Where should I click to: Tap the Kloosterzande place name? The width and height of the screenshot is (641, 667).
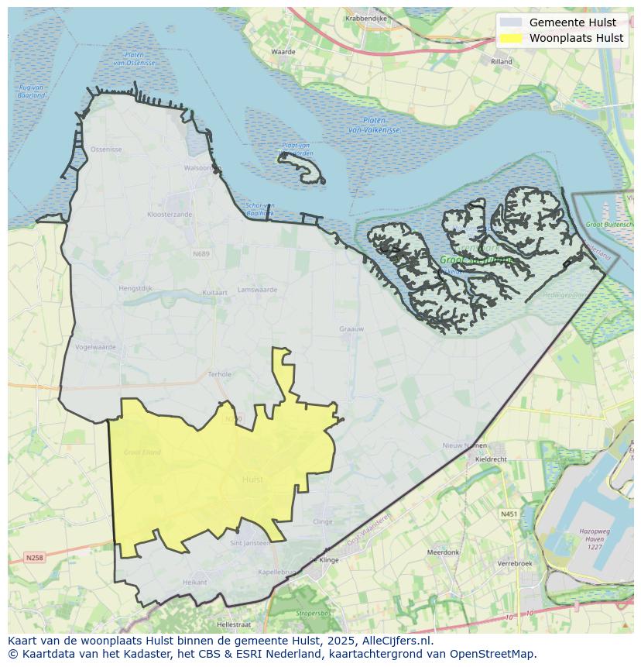coord(170,214)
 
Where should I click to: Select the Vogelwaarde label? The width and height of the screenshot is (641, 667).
coord(96,347)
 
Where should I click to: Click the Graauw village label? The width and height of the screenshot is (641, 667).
coord(351,329)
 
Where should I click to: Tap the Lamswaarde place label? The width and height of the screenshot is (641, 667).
coord(257,290)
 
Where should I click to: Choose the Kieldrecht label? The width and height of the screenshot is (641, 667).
coord(491,459)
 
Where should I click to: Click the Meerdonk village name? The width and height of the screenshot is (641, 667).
coord(443,552)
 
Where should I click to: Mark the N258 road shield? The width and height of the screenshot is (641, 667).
coord(34,557)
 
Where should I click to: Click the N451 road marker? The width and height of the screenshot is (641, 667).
coord(509,514)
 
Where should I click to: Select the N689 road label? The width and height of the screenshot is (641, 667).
coord(201,253)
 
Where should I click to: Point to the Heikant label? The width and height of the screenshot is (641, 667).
coord(194,582)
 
